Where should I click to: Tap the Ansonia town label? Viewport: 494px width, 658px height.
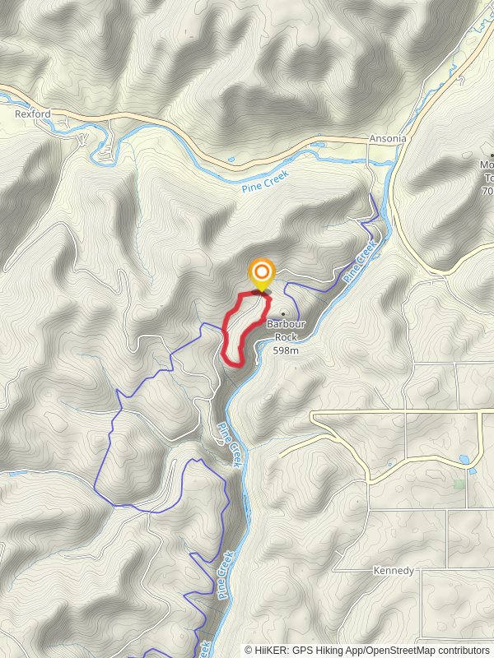pos(388,138)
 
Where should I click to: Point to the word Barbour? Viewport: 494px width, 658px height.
pos(286,324)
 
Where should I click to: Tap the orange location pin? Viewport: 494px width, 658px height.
pos(262,274)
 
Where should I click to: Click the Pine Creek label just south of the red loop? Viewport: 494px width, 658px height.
pos(230,445)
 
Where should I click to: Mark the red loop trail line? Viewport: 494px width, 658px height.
pos(226,333)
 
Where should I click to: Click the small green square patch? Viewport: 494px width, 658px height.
pos(459,484)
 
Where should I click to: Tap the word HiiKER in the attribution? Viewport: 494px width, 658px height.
pos(271,650)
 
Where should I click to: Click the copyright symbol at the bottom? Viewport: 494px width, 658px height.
pos(249,650)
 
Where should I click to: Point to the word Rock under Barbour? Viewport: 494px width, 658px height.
pos(286,336)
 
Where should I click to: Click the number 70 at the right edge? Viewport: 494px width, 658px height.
pos(487,191)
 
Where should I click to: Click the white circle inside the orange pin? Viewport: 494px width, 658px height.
pos(262,271)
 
